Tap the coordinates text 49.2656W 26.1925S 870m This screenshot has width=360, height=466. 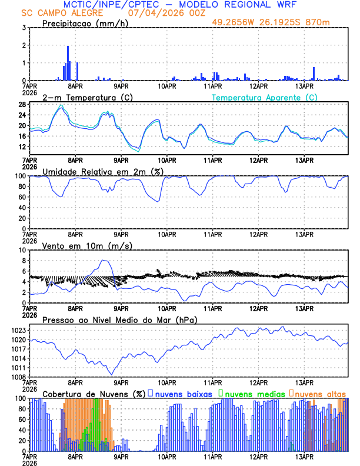click(279, 22)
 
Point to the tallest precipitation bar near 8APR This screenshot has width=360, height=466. click(68, 62)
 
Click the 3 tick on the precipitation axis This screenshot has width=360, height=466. click(24, 28)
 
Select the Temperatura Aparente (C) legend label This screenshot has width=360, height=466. click(265, 97)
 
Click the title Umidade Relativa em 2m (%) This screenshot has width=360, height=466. click(102, 171)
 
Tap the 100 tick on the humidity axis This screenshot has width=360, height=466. click(20, 176)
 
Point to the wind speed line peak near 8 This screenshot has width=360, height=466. click(104, 260)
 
